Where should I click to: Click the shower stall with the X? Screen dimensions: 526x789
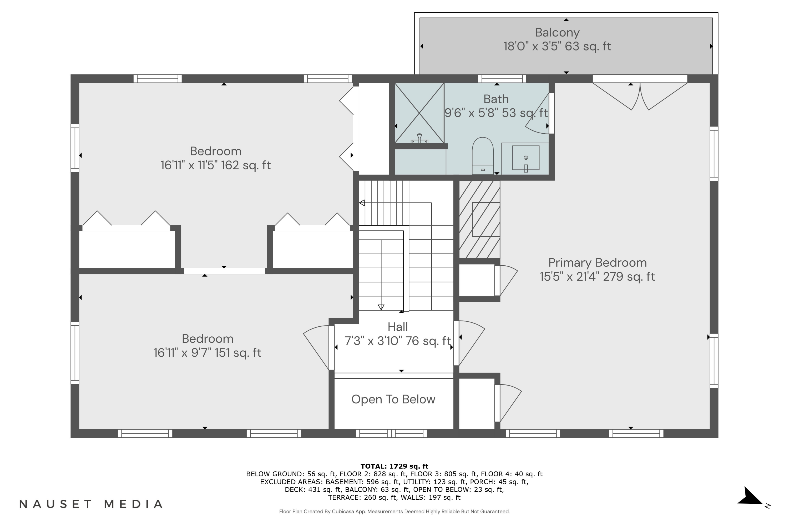coord(419,113)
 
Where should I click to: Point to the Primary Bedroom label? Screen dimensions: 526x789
coord(597,263)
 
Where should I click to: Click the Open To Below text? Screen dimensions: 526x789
coord(393,399)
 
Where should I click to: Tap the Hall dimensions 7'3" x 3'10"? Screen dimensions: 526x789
coord(397,341)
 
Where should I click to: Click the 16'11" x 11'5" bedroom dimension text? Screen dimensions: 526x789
coord(215,165)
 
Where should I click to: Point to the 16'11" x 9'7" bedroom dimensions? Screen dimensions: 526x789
coord(207,353)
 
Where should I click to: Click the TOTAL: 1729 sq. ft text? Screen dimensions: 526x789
coord(394,466)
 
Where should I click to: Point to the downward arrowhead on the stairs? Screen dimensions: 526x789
coord(381,307)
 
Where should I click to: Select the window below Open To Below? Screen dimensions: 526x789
coord(391,433)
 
